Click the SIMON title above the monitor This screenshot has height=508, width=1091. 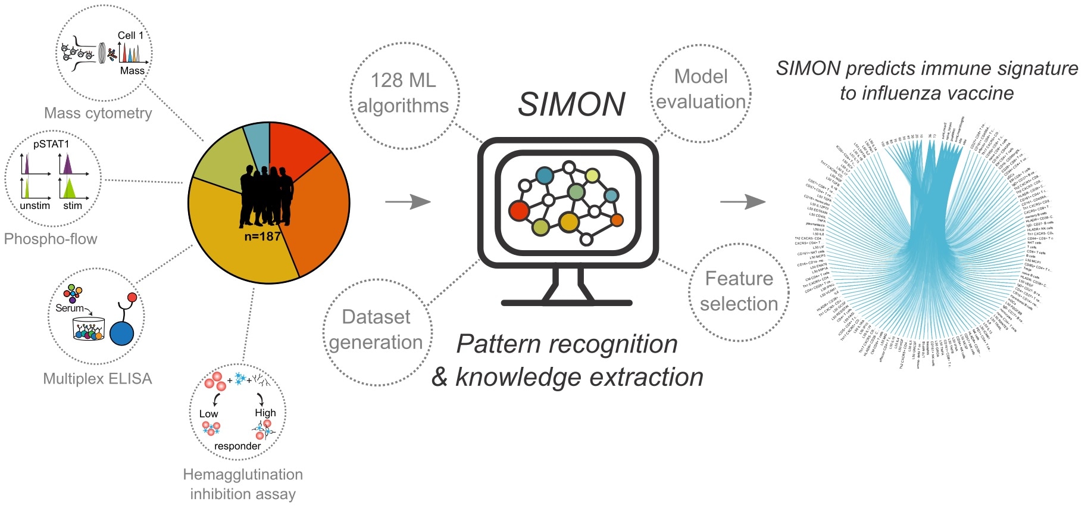(571, 104)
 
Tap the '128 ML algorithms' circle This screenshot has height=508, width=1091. (404, 94)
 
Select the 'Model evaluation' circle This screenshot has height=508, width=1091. (701, 90)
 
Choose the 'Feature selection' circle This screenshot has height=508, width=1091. (739, 291)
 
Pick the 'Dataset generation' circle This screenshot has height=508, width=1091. (376, 330)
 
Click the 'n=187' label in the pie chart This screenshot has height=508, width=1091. (262, 236)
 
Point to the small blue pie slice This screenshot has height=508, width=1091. (258, 143)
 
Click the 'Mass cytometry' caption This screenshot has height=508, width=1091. (98, 113)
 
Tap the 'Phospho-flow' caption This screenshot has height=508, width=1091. (51, 239)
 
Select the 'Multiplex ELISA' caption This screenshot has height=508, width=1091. (98, 379)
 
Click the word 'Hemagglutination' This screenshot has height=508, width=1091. (243, 475)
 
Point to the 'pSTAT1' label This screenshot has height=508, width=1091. (51, 144)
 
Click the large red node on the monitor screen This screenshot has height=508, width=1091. (519, 210)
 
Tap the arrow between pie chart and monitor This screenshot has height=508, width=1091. (408, 202)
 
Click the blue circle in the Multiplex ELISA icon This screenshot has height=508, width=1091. (121, 333)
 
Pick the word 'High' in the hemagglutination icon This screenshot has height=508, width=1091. (265, 413)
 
